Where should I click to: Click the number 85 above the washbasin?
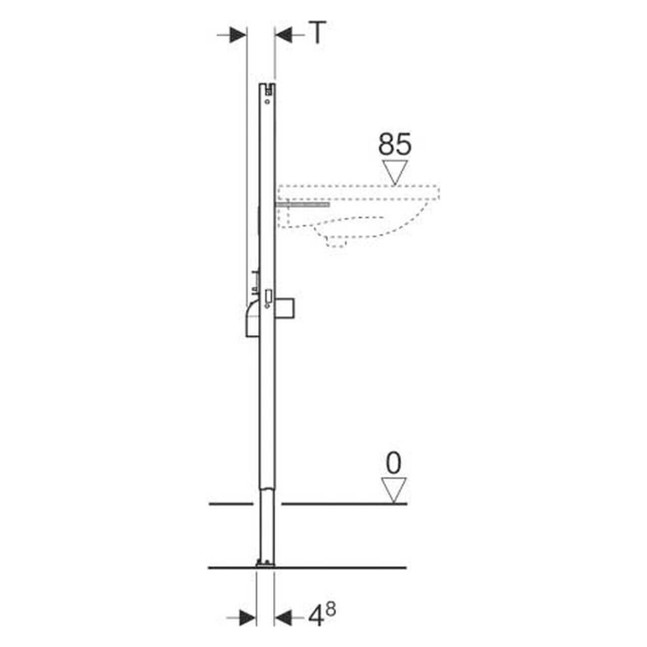[x=395, y=145]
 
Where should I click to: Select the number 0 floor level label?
[x=394, y=463]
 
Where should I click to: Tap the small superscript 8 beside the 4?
[x=331, y=610]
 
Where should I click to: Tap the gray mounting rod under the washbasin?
[x=303, y=204]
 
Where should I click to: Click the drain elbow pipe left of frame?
[x=252, y=320]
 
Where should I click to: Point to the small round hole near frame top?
[x=267, y=102]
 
